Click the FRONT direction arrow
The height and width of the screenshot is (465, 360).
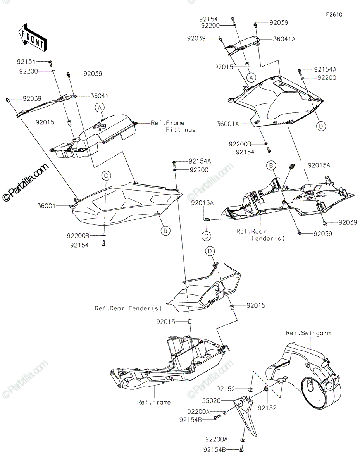tap(32, 38)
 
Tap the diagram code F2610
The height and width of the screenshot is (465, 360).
tap(334, 15)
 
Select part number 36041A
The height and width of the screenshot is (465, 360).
tap(284, 39)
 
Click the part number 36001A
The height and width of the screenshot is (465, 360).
tap(227, 124)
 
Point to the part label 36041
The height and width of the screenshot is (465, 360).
tap(99, 96)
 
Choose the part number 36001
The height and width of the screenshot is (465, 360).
tap(47, 206)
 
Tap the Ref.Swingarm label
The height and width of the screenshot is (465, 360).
tap(308, 333)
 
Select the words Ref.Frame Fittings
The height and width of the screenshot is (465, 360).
tap(173, 126)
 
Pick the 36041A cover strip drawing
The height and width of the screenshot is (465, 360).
tap(242, 46)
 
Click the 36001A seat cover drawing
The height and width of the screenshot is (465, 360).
tap(276, 102)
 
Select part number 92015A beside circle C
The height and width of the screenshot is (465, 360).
tap(202, 203)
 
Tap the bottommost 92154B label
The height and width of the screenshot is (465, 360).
tap(215, 450)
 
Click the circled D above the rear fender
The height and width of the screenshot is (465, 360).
tap(210, 251)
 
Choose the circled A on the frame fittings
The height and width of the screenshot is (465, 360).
tap(100, 108)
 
